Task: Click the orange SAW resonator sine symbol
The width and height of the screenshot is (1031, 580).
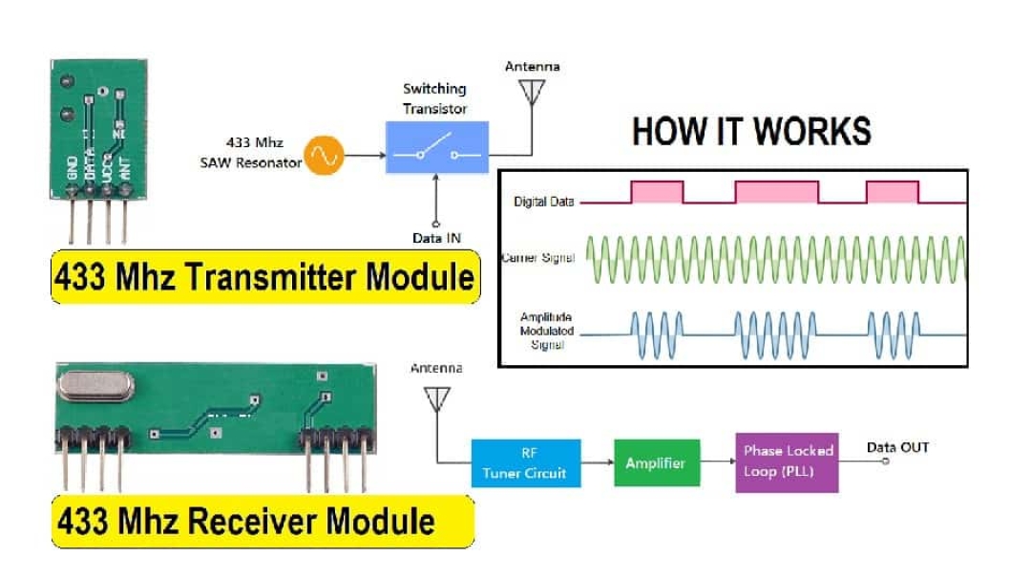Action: [x=324, y=155]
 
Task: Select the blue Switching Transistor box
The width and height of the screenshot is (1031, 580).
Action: [x=436, y=147]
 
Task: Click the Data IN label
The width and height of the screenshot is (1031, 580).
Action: [x=436, y=238]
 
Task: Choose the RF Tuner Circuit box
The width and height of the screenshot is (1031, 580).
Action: [x=525, y=463]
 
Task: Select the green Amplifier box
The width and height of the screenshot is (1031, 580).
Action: [x=655, y=463]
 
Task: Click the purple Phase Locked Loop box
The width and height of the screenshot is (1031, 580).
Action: [x=787, y=462]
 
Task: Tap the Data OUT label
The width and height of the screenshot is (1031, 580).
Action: [x=896, y=446]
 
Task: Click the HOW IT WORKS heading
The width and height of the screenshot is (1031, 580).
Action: [x=751, y=131]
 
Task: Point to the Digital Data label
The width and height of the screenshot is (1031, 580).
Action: [x=543, y=202]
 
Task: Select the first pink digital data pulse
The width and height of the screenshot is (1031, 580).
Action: [x=657, y=192]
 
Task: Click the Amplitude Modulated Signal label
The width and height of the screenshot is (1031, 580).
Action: [x=545, y=331]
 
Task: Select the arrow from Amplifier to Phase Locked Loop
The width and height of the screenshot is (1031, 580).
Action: [x=718, y=463]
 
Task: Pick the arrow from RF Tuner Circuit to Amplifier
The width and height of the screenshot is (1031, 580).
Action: [x=597, y=463]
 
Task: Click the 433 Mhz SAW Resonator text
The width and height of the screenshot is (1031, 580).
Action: [x=250, y=153]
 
